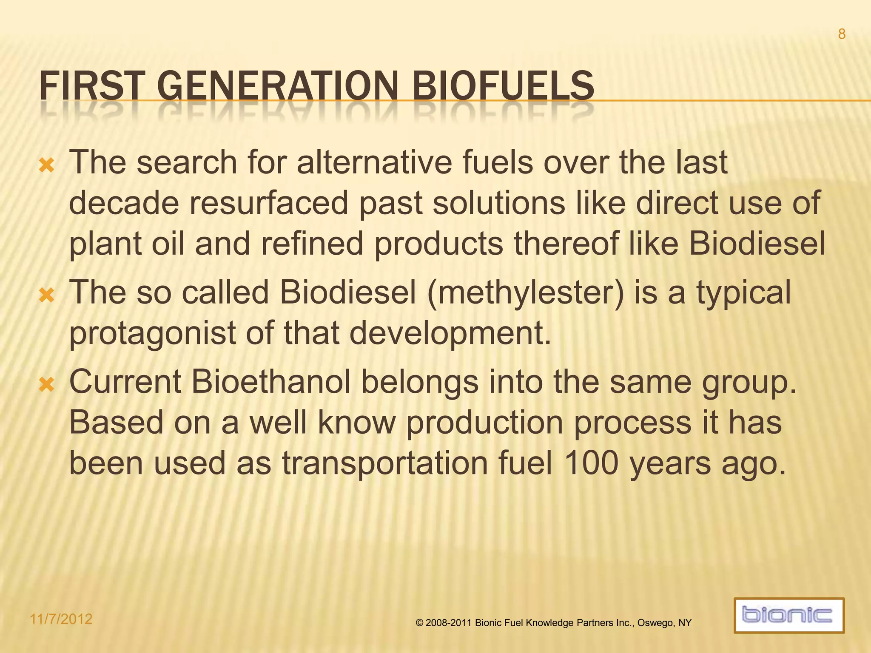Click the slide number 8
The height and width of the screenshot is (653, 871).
click(841, 34)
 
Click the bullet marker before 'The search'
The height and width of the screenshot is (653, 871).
click(46, 165)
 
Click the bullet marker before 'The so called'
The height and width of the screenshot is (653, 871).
click(46, 295)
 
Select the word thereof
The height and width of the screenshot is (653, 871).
click(566, 244)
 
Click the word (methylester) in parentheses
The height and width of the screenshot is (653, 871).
click(525, 293)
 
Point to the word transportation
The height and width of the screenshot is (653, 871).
click(385, 463)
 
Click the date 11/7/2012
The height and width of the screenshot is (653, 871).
click(61, 619)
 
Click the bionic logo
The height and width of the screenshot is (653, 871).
click(788, 615)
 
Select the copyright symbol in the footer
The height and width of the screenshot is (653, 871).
click(419, 623)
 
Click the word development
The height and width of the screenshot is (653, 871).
click(450, 333)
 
